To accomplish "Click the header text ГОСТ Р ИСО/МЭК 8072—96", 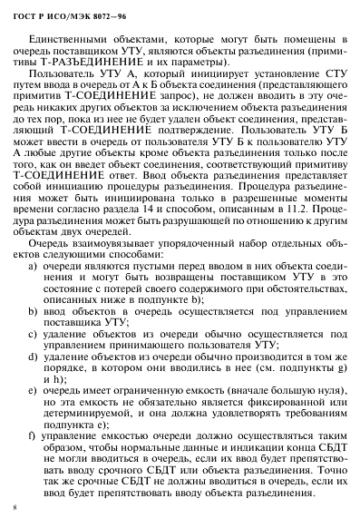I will (x=64, y=14).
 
